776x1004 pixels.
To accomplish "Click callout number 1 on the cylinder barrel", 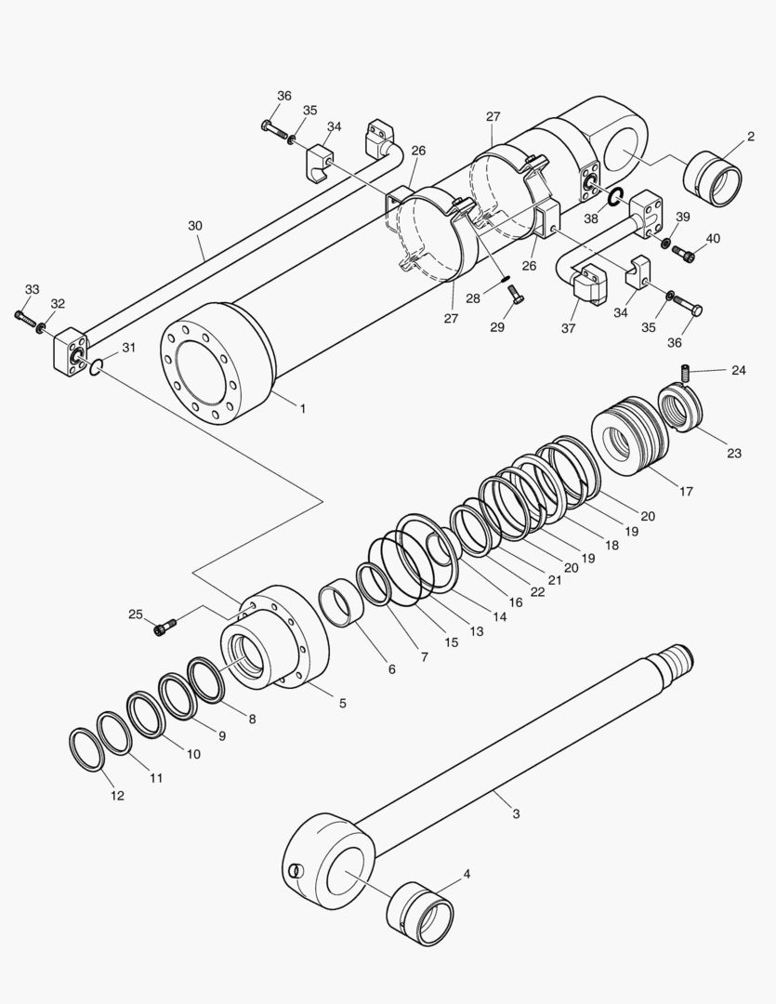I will point(301,407).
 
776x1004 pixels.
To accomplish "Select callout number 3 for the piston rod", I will point(516,813).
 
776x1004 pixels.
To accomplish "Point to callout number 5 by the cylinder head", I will point(342,704).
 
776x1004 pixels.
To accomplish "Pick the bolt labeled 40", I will point(685,251).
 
